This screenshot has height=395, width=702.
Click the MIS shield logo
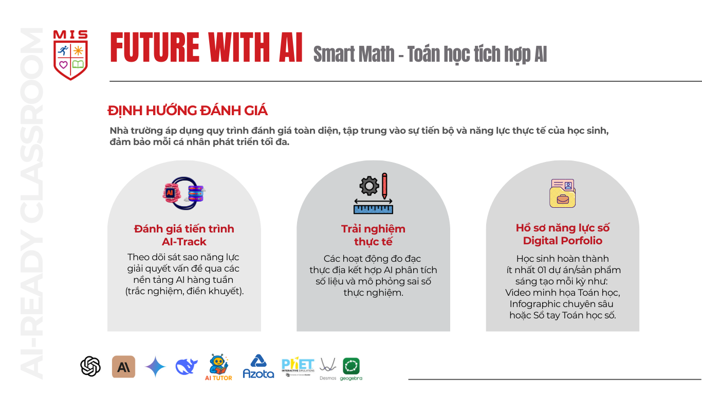(x=70, y=55)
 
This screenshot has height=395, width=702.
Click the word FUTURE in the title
(x=155, y=47)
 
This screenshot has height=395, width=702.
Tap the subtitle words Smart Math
(x=354, y=55)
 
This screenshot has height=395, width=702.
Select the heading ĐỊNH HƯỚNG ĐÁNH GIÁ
(x=188, y=111)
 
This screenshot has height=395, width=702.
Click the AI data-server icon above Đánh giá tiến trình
(x=184, y=193)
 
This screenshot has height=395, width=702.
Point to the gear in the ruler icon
(x=369, y=186)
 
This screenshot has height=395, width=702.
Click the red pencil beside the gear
(x=384, y=186)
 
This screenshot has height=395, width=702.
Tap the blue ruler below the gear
(x=373, y=209)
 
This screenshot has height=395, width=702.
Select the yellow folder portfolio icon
(x=563, y=193)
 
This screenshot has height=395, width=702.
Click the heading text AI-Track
(x=184, y=242)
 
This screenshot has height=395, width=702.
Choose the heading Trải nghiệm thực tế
(x=373, y=236)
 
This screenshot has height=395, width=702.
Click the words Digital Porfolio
(x=563, y=241)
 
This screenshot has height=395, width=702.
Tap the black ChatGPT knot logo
(x=90, y=366)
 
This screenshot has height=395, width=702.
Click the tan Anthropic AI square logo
(x=123, y=366)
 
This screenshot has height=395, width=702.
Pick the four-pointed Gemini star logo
(x=155, y=366)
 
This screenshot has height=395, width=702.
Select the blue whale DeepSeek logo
(x=186, y=366)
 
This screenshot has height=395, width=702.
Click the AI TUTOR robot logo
(x=218, y=367)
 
